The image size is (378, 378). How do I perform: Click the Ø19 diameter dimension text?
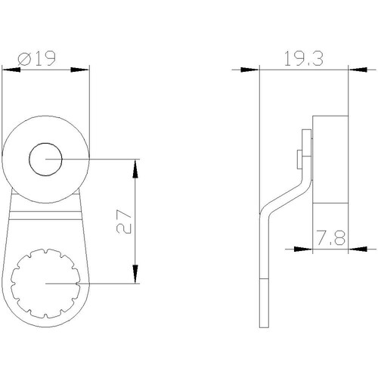[x=36, y=59]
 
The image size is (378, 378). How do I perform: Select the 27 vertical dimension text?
[x=124, y=222]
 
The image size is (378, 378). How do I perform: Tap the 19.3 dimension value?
[x=304, y=59]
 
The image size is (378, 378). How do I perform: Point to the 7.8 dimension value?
[x=331, y=237]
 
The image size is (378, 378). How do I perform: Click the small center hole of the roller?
[x=45, y=160]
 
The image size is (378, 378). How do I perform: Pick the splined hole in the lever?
[x=45, y=283]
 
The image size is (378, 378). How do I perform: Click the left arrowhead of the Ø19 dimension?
[x=11, y=70]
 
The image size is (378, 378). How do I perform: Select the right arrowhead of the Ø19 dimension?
[x=80, y=70]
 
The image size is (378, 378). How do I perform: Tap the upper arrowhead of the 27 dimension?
[x=135, y=169]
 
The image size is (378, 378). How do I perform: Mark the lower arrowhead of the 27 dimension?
[x=135, y=274]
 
